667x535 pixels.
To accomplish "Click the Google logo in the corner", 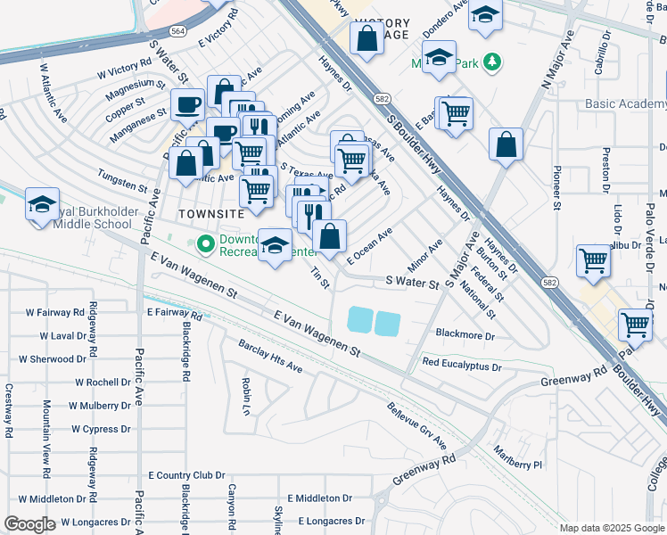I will tap(30, 524).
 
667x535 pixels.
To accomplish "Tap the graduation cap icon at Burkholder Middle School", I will tap(42, 204).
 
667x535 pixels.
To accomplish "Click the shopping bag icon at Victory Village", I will tap(366, 39).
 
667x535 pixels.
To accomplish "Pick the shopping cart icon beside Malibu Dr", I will tap(592, 261).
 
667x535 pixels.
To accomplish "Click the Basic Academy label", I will tap(625, 103).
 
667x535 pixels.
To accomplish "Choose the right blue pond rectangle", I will tap(388, 324).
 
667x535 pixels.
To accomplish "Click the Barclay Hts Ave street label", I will tap(270, 356).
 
